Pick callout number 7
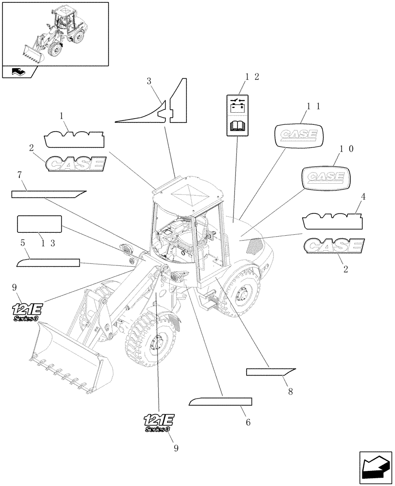(19, 174)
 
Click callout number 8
(290, 390)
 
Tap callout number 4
(363, 197)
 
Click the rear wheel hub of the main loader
(242, 295)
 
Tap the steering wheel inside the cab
(174, 238)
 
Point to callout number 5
(22, 242)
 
